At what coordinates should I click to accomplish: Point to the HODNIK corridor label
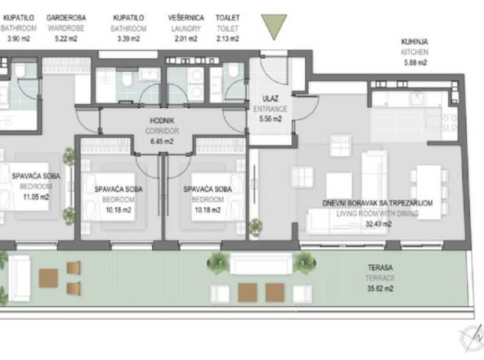click(158, 120)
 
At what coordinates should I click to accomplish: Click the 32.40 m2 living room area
click(380, 222)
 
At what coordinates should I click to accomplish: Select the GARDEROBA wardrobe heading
click(63, 16)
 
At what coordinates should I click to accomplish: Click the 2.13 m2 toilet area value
click(227, 38)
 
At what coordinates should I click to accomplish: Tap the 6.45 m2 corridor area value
click(157, 141)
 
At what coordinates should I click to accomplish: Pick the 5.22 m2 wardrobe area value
click(62, 38)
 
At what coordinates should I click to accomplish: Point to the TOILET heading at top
click(227, 16)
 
